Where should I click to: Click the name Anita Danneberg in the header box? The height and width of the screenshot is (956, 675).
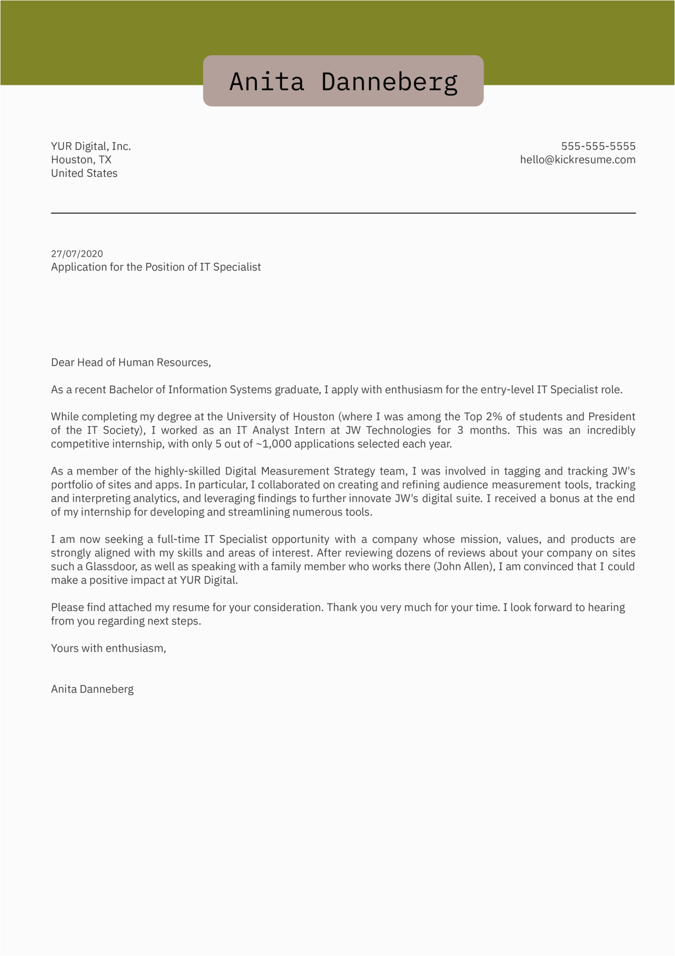343,81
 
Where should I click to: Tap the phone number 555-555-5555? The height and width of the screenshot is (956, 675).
598,146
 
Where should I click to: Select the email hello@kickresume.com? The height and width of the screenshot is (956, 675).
578,160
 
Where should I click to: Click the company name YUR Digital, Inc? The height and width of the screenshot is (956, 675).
91,146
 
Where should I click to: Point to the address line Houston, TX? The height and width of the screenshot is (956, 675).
81,160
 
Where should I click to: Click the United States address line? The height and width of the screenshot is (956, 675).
84,174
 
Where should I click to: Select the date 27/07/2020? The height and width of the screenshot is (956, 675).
77,254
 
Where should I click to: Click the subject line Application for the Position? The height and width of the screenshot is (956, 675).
155,267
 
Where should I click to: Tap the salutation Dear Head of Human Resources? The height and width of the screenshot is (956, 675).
131,363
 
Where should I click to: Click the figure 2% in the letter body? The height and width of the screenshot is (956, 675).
494,417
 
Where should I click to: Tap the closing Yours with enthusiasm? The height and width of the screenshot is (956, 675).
108,649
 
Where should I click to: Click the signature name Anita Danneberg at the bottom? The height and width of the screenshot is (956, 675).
92,689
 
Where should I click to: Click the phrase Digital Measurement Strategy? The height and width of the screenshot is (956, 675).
300,471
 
